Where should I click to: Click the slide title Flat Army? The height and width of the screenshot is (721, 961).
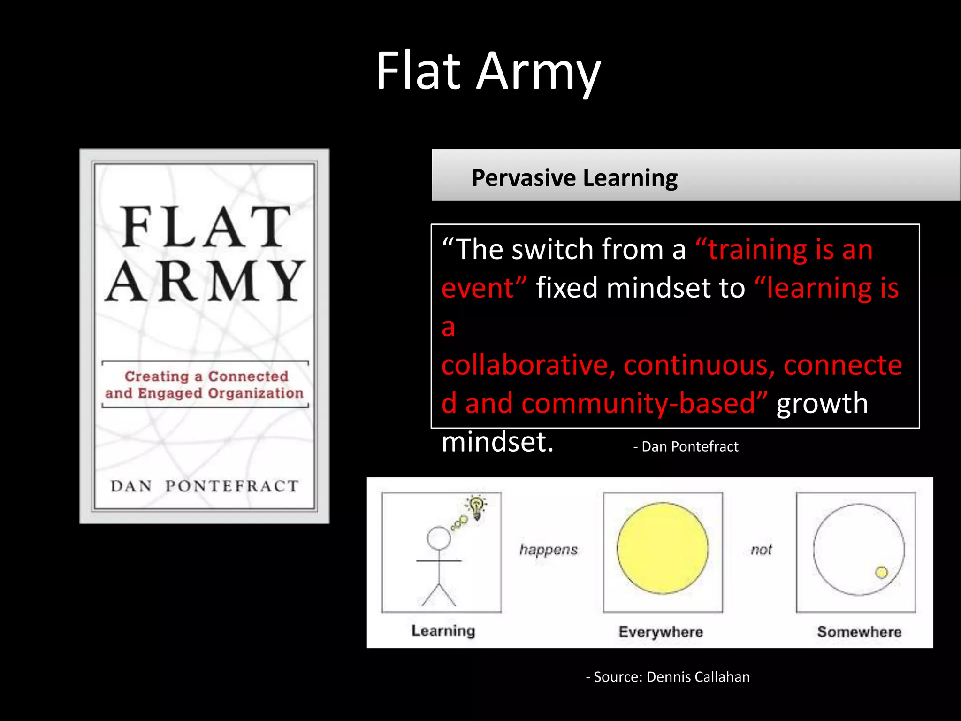[x=488, y=71]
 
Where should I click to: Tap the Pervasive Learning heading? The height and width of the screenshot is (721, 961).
[x=574, y=178]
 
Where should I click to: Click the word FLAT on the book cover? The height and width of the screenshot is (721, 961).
[x=206, y=227]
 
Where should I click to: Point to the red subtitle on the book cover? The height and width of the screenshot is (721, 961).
[x=205, y=384]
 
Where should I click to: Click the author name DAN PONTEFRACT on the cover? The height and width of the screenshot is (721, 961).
[x=205, y=486]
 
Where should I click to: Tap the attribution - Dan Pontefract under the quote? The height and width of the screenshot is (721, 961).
[x=686, y=446]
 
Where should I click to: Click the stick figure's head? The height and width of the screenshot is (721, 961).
[x=439, y=538]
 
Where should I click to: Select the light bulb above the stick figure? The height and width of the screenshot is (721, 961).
[x=477, y=507]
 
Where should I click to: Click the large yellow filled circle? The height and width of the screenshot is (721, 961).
[x=663, y=548]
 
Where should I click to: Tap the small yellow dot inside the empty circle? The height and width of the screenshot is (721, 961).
[x=882, y=572]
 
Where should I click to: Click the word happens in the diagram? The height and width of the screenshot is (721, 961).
[x=549, y=550]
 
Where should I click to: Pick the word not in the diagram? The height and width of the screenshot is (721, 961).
[x=761, y=550]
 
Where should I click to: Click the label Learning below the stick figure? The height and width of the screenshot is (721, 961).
[x=443, y=631]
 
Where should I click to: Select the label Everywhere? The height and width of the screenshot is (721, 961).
[x=661, y=632]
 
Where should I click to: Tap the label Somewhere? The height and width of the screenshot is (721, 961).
[x=859, y=632]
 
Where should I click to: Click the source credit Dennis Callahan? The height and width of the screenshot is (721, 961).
[x=668, y=677]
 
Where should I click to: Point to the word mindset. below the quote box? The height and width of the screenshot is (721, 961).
[x=497, y=442]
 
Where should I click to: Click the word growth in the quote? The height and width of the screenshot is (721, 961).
[x=822, y=403]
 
